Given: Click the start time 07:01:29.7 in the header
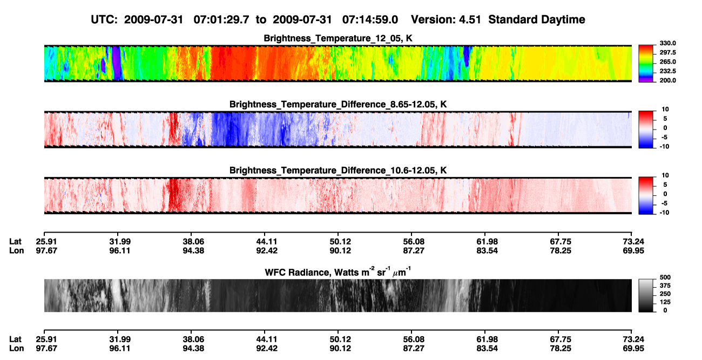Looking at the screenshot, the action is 221,20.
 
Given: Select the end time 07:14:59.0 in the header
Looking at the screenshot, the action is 370,20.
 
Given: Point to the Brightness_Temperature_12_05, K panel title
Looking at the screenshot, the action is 338,38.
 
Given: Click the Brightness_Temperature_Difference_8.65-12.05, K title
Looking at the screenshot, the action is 338,104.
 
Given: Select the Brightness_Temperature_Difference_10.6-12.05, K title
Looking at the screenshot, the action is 338,171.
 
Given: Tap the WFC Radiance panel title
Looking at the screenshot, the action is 338,272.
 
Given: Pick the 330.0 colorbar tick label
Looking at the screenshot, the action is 667,43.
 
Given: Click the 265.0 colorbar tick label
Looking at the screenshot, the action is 667,62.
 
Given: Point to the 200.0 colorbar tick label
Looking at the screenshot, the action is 667,80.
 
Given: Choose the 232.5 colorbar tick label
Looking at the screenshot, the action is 667,71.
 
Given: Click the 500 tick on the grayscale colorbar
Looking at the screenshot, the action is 665,277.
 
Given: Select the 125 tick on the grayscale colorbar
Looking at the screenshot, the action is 665,302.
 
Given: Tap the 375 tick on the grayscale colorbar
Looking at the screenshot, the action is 665,286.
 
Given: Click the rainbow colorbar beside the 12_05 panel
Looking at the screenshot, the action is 646,64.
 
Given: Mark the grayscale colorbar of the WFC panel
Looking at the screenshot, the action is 646,295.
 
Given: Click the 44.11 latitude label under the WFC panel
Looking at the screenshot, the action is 267,339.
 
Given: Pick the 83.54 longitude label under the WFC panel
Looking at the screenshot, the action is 487,349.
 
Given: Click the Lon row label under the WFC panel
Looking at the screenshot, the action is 17,349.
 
